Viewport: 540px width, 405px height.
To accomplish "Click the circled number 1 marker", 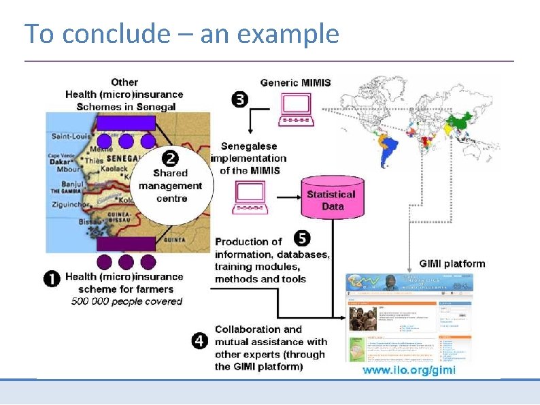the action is pyautogui.click(x=52, y=279).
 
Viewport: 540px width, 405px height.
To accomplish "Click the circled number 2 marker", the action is pyautogui.click(x=170, y=158).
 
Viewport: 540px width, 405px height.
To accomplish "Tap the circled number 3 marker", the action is pyautogui.click(x=239, y=100).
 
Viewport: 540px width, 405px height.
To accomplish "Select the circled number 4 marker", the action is pyautogui.click(x=200, y=341).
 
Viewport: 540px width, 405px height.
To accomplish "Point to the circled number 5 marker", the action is pyautogui.click(x=303, y=238).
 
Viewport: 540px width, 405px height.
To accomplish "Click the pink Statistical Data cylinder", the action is pyautogui.click(x=331, y=198).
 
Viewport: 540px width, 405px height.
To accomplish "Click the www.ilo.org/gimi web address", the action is pyautogui.click(x=409, y=370).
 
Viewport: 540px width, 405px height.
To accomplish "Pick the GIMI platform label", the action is pyautogui.click(x=452, y=263).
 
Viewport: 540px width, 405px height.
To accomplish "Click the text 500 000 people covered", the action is pyautogui.click(x=127, y=301).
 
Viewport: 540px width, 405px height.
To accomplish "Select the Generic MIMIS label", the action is pyautogui.click(x=295, y=82).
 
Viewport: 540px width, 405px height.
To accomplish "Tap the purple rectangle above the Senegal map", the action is pyautogui.click(x=126, y=123).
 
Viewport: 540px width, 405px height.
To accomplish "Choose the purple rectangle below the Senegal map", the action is pyautogui.click(x=126, y=244).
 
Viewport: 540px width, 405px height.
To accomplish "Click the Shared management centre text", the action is pyautogui.click(x=170, y=186).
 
